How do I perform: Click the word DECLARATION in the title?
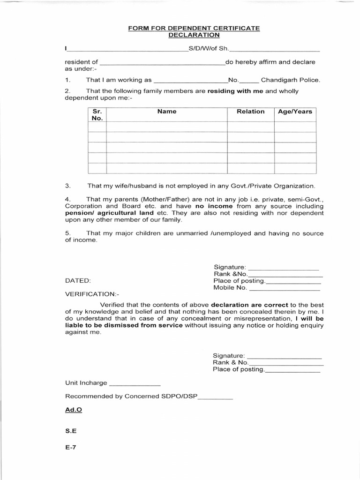[194, 35]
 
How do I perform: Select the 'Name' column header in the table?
[167, 112]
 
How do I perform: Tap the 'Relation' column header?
[251, 112]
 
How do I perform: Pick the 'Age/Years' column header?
[295, 112]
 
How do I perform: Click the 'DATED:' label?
[78, 281]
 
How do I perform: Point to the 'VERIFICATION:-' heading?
[92, 294]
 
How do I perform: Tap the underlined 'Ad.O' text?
[74, 409]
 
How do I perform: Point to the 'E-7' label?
[70, 447]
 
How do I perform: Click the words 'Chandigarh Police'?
[290, 80]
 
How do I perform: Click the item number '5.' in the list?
[68, 233]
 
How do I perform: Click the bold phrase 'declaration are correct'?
[250, 304]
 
